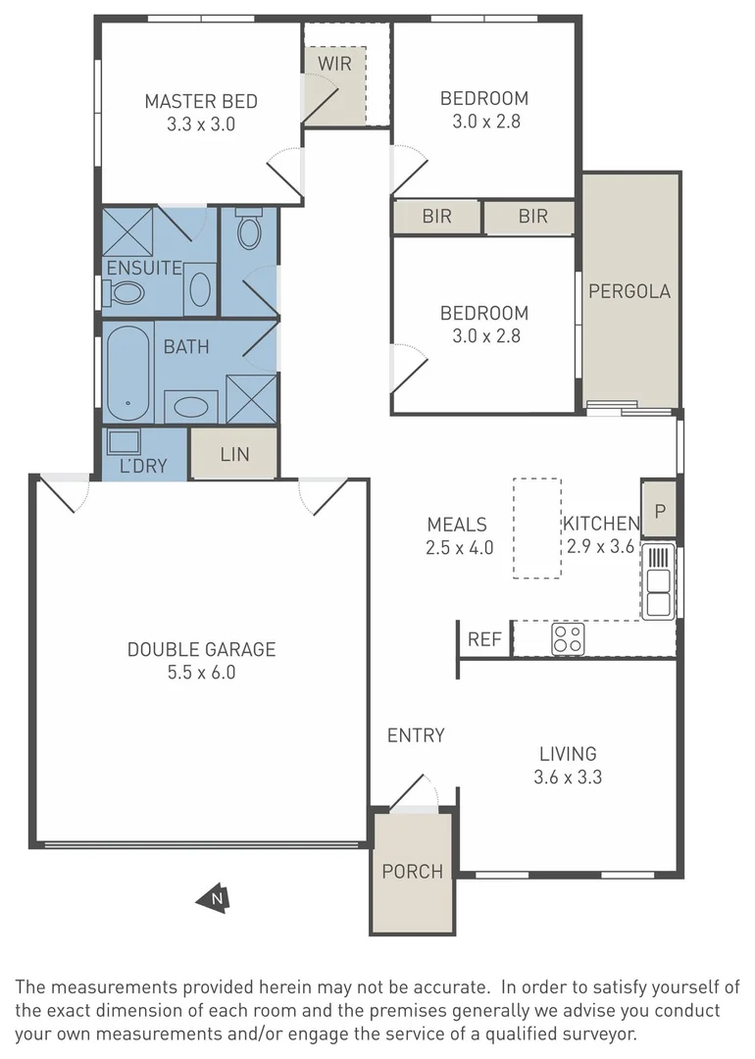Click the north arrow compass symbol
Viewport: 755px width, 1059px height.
tap(213, 897)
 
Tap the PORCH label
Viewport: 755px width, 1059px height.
tap(412, 871)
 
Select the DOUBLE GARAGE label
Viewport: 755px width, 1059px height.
tap(201, 649)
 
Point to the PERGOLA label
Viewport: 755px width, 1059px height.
tap(629, 291)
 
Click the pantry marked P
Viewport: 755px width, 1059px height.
tap(660, 510)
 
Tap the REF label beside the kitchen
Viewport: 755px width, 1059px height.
tap(484, 640)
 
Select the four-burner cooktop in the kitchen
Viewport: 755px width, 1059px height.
tap(567, 639)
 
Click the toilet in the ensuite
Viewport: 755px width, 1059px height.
tap(125, 292)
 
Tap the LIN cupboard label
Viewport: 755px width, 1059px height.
tap(234, 454)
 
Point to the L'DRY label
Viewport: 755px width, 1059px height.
tap(143, 466)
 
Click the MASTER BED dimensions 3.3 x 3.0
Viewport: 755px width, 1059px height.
tap(201, 125)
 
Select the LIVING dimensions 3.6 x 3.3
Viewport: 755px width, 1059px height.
tap(568, 778)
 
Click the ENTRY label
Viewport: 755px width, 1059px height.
tap(416, 735)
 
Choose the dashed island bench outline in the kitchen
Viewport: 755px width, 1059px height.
tap(536, 528)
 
